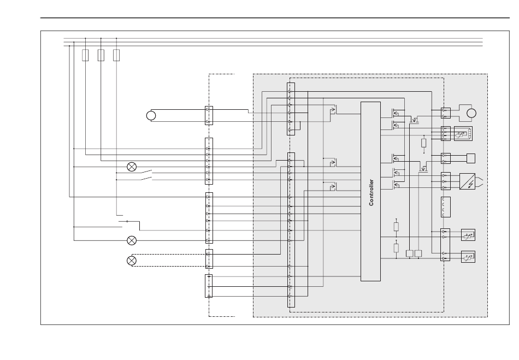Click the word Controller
click(371, 192)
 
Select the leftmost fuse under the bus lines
click(85, 55)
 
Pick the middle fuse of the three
click(101, 55)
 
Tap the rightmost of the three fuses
click(116, 55)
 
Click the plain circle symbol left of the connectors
click(151, 115)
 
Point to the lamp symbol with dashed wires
click(132, 261)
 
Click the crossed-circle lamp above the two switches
click(132, 167)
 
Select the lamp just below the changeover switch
click(132, 240)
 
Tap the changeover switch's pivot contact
click(127, 221)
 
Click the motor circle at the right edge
click(471, 113)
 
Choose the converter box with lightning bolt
click(467, 181)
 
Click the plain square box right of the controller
click(471, 158)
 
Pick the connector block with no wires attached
click(445, 207)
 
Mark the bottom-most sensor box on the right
click(468, 257)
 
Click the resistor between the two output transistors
click(424, 143)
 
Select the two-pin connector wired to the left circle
click(209, 115)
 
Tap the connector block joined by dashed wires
click(209, 259)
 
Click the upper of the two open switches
click(146, 172)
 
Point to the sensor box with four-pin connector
click(463, 134)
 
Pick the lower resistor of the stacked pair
click(396, 248)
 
